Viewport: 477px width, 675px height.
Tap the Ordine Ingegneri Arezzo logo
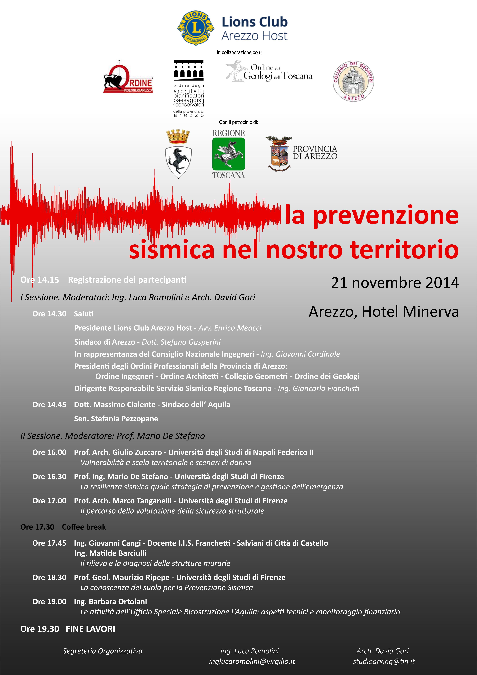click(x=128, y=77)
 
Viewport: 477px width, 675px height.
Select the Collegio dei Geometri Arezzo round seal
click(x=353, y=81)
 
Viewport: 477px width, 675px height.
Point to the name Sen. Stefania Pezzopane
click(x=116, y=419)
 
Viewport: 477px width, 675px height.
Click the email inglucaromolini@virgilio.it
click(x=252, y=661)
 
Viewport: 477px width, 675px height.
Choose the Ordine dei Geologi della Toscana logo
click(x=269, y=71)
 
